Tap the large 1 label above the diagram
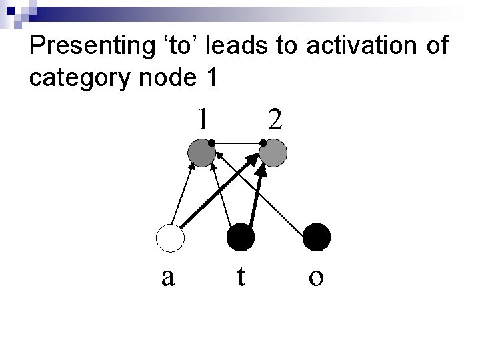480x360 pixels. pos(202,119)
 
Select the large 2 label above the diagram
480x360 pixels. pos(274,119)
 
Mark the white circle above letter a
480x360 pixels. pos(169,238)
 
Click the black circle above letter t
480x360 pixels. pos(241,238)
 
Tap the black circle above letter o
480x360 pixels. pos(317,237)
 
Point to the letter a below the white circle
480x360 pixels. pos(169,276)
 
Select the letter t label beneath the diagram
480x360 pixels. pos(241,275)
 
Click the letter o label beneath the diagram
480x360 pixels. pos(317,277)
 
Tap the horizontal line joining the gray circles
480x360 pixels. pos(237,143)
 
